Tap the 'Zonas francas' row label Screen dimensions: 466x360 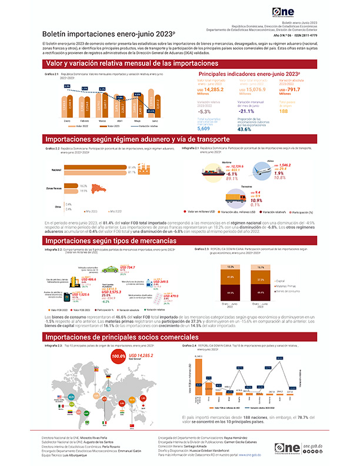[x=54, y=188]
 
